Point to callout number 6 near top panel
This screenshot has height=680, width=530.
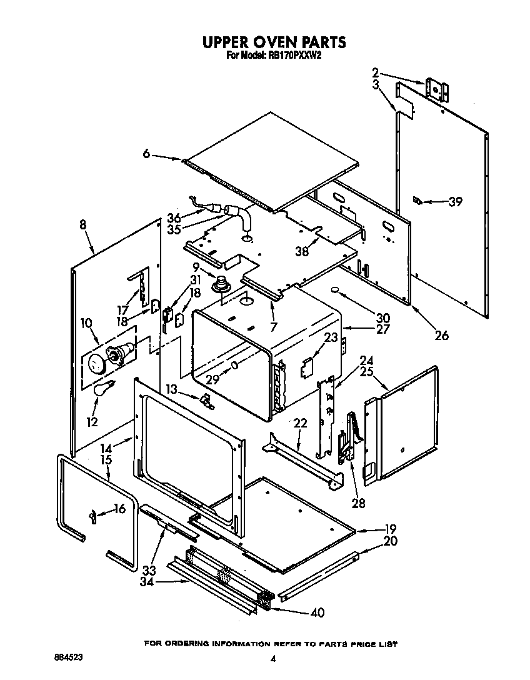(x=146, y=154)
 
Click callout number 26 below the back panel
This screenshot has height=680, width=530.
(x=441, y=336)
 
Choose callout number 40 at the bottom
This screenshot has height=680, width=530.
(x=317, y=612)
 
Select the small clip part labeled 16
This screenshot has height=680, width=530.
(x=93, y=516)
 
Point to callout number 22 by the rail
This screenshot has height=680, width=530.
(x=301, y=424)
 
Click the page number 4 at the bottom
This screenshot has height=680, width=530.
(x=272, y=658)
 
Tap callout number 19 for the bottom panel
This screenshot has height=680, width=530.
(x=390, y=528)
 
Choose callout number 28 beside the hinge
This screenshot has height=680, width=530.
(x=358, y=503)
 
